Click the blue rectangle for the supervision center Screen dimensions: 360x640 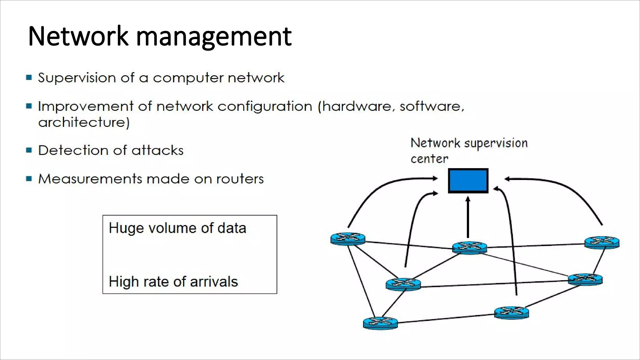[468, 181]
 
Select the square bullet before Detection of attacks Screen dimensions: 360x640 [29, 150]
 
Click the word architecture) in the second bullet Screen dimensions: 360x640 [84, 122]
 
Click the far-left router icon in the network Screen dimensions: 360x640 [348, 239]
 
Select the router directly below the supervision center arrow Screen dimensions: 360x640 [469, 247]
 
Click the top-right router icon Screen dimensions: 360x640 [602, 242]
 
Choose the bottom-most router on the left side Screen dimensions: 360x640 [380, 322]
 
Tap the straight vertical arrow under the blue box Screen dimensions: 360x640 [468, 217]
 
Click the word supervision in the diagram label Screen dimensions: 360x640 [496, 143]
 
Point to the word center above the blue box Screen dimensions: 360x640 [429, 159]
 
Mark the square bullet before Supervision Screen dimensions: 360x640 [29, 77]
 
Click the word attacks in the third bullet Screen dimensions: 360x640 [157, 150]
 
